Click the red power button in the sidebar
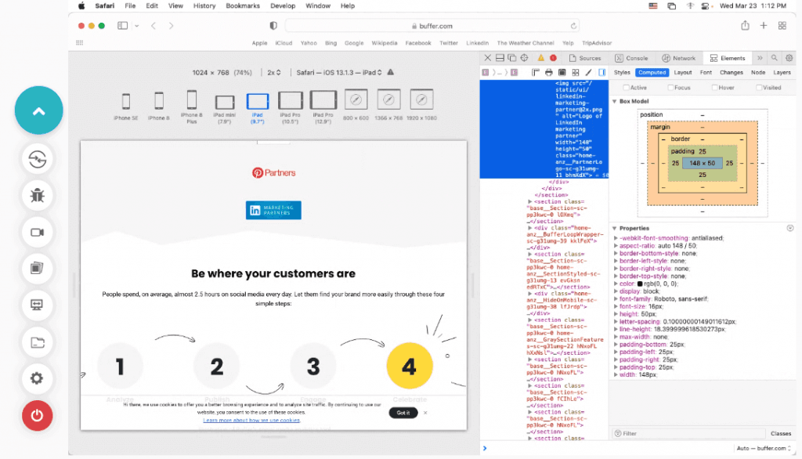38,415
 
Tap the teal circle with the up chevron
38,111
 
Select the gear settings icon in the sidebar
38,379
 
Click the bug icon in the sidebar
38,196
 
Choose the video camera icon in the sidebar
38,232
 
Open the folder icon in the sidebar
38,342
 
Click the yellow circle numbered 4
409,366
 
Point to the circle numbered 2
217,366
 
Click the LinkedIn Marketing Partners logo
273,210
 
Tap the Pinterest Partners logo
273,172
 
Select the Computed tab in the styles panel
652,73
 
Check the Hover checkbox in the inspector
714,88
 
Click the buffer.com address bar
432,25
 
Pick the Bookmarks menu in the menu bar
242,5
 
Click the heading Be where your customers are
273,274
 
